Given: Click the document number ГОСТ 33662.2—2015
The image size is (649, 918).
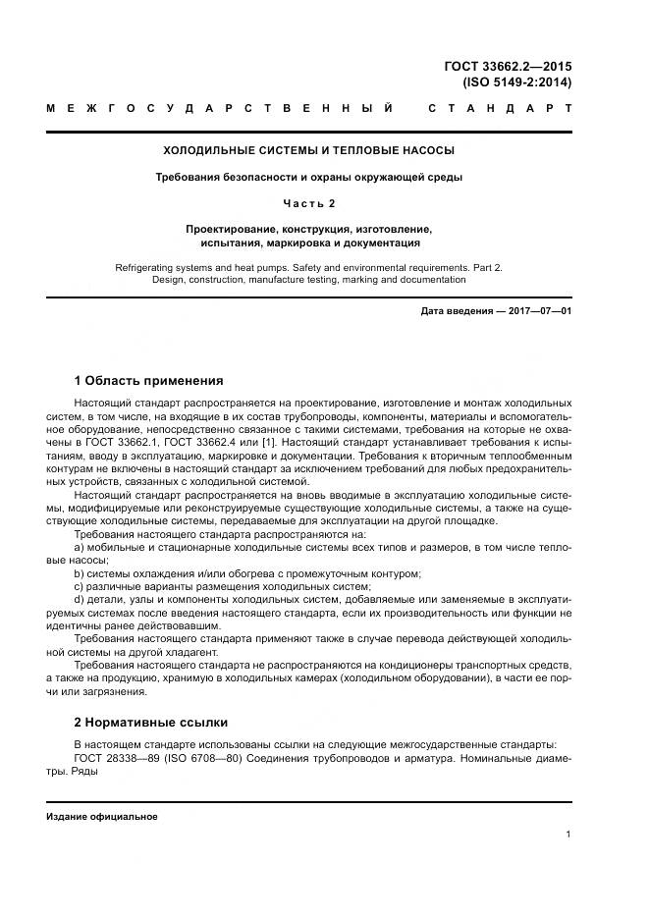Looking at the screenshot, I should click(x=508, y=67).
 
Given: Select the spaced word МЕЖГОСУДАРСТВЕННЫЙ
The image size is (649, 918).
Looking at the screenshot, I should click(x=221, y=108).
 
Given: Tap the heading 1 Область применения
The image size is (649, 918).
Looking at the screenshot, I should click(x=148, y=381).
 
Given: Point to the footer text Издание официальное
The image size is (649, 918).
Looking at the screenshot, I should click(x=102, y=817).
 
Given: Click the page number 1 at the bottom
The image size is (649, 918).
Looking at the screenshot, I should click(x=568, y=835).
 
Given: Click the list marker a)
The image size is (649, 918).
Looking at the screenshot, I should click(x=80, y=547).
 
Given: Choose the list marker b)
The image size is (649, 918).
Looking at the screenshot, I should click(x=80, y=573).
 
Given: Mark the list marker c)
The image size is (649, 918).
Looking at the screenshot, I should click(x=80, y=586).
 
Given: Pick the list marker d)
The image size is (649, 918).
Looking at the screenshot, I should click(x=80, y=600).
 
